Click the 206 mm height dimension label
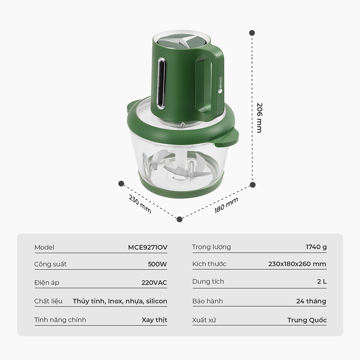point(260,118)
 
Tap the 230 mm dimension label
point(140,204)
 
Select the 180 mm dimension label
point(226,205)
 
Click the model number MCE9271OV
point(148,247)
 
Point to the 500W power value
point(157,264)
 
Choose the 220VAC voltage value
point(154,282)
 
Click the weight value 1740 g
point(316,247)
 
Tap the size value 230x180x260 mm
point(297,264)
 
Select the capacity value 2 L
point(321,281)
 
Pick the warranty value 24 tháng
point(311,301)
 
